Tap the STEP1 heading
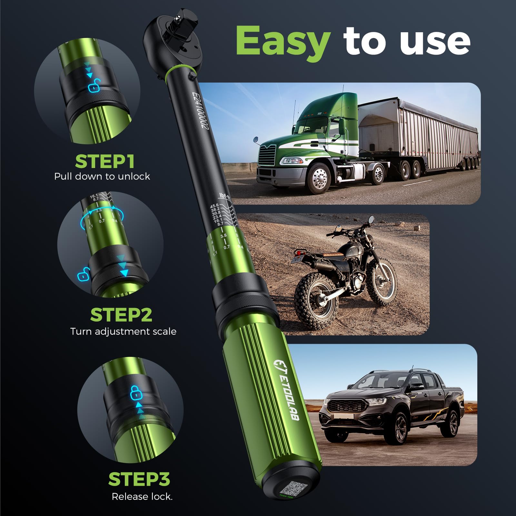[x=105, y=161]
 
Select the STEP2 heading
[x=121, y=315]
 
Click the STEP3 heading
[x=139, y=479]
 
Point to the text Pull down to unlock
[x=102, y=176]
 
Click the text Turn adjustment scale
[x=123, y=332]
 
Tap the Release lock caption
[x=142, y=496]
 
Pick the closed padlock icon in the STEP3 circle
[x=136, y=392]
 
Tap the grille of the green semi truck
[x=267, y=155]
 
